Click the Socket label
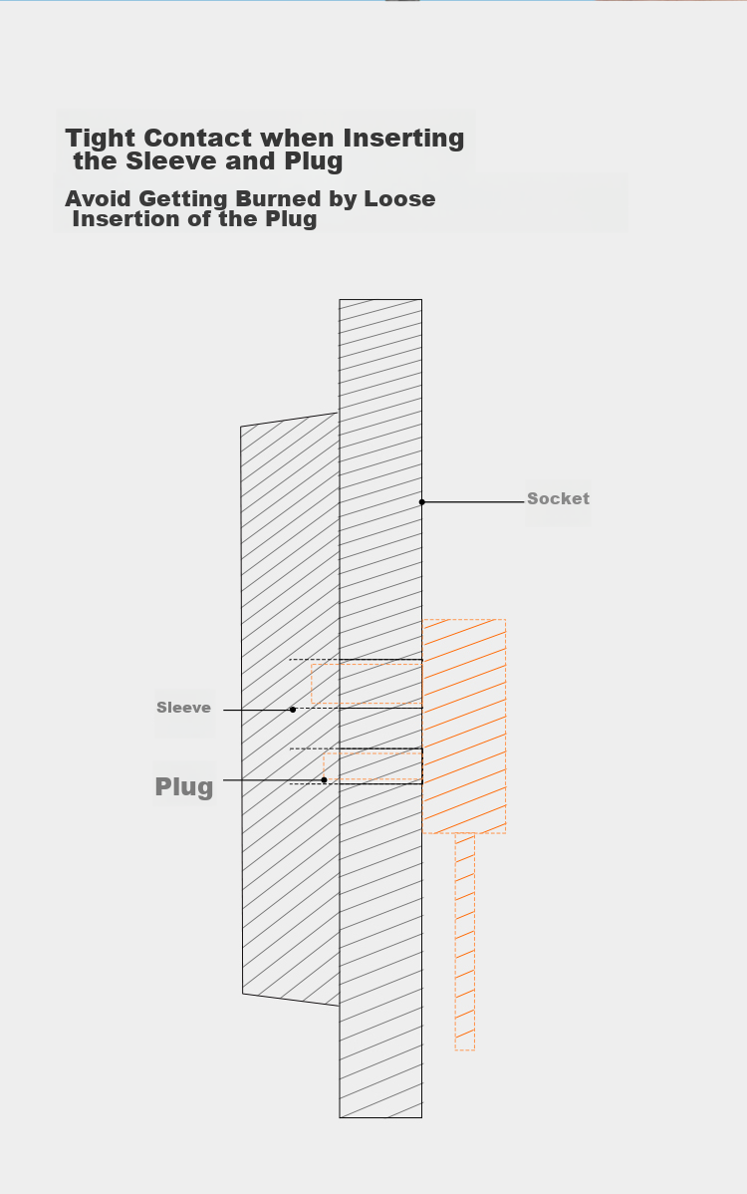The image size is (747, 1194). [x=558, y=498]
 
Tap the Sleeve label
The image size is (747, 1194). [x=183, y=708]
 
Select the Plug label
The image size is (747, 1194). [x=184, y=785]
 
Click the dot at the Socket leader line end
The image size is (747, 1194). [x=422, y=501]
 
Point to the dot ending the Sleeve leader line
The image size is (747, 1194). [x=293, y=710]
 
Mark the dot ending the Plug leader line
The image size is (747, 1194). [x=324, y=779]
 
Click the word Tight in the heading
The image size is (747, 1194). [x=101, y=139]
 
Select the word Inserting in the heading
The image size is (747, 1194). [x=403, y=139]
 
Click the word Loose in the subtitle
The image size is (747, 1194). [x=399, y=198]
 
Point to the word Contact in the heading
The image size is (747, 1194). [x=201, y=139]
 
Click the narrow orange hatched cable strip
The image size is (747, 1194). [x=465, y=942]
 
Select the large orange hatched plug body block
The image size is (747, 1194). [x=464, y=727]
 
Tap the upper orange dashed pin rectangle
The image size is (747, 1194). [x=367, y=684]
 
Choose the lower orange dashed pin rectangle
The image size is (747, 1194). [x=373, y=766]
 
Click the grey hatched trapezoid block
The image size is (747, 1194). [x=290, y=710]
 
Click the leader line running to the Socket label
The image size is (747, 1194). [x=473, y=501]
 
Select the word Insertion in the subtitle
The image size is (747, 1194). [x=131, y=219]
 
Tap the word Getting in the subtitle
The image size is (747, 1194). [x=183, y=199]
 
